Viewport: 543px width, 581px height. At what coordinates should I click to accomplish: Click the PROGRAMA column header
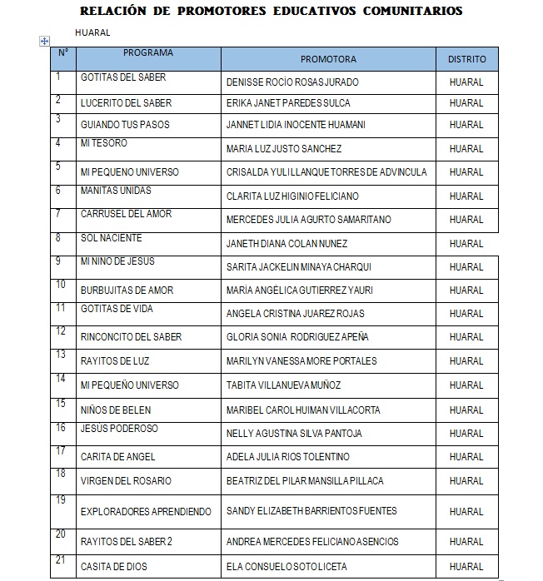pos(148,53)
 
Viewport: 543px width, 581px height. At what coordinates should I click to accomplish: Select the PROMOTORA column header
pos(328,59)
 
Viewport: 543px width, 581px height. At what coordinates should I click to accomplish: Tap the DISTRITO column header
pos(467,59)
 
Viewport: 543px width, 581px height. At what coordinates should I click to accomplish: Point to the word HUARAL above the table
pos(92,32)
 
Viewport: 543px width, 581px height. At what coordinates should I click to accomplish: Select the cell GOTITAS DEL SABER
pos(122,77)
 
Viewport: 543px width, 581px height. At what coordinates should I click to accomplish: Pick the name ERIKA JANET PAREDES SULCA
pos(288,103)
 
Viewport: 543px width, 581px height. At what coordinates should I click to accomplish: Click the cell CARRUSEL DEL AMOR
pos(126,214)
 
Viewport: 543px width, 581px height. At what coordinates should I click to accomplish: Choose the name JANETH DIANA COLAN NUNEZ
pos(286,244)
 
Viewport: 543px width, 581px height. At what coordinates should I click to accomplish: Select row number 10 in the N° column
pos(61,285)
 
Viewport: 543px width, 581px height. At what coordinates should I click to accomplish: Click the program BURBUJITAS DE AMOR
pos(127,290)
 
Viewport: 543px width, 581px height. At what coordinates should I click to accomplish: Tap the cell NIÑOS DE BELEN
pos(114,410)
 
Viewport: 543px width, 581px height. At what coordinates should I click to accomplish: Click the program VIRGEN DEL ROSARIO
pos(126,480)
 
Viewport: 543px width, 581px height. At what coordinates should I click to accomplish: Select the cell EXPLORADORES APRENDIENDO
pos(146,511)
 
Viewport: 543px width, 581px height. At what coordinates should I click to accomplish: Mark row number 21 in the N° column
pos(61,559)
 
